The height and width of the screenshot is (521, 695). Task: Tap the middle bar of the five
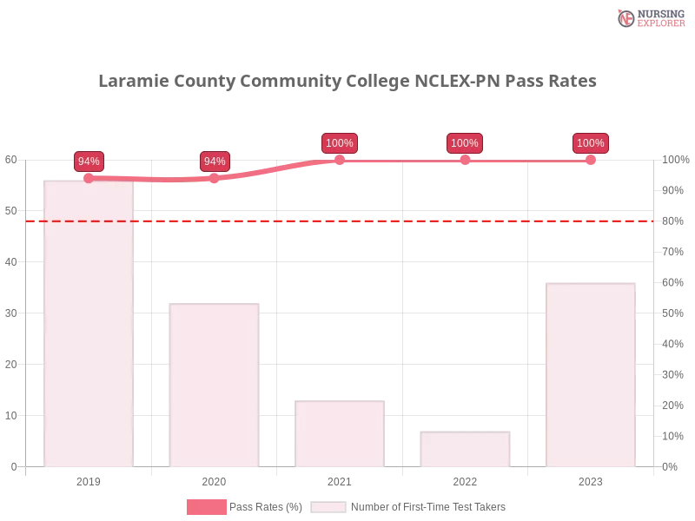click(x=340, y=433)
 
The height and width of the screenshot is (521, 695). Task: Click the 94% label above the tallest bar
click(x=89, y=161)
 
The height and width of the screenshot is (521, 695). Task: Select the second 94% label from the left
click(x=214, y=161)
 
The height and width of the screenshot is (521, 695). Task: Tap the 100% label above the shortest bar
click(x=465, y=143)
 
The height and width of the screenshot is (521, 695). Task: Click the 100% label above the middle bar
click(x=339, y=143)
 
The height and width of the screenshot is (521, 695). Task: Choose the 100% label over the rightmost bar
click(x=590, y=143)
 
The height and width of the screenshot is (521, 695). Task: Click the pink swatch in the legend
click(x=207, y=507)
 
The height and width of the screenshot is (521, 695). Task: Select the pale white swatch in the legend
click(x=328, y=507)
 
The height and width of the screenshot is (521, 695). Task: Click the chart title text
click(x=347, y=82)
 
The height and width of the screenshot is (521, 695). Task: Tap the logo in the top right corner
click(x=649, y=17)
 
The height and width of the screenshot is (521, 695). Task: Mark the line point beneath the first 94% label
click(x=89, y=178)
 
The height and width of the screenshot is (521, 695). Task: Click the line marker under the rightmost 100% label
click(x=590, y=160)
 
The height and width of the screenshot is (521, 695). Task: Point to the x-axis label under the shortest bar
click(x=465, y=479)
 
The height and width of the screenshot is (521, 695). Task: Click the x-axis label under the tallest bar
click(x=89, y=479)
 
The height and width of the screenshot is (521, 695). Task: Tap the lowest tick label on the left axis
click(x=13, y=465)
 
